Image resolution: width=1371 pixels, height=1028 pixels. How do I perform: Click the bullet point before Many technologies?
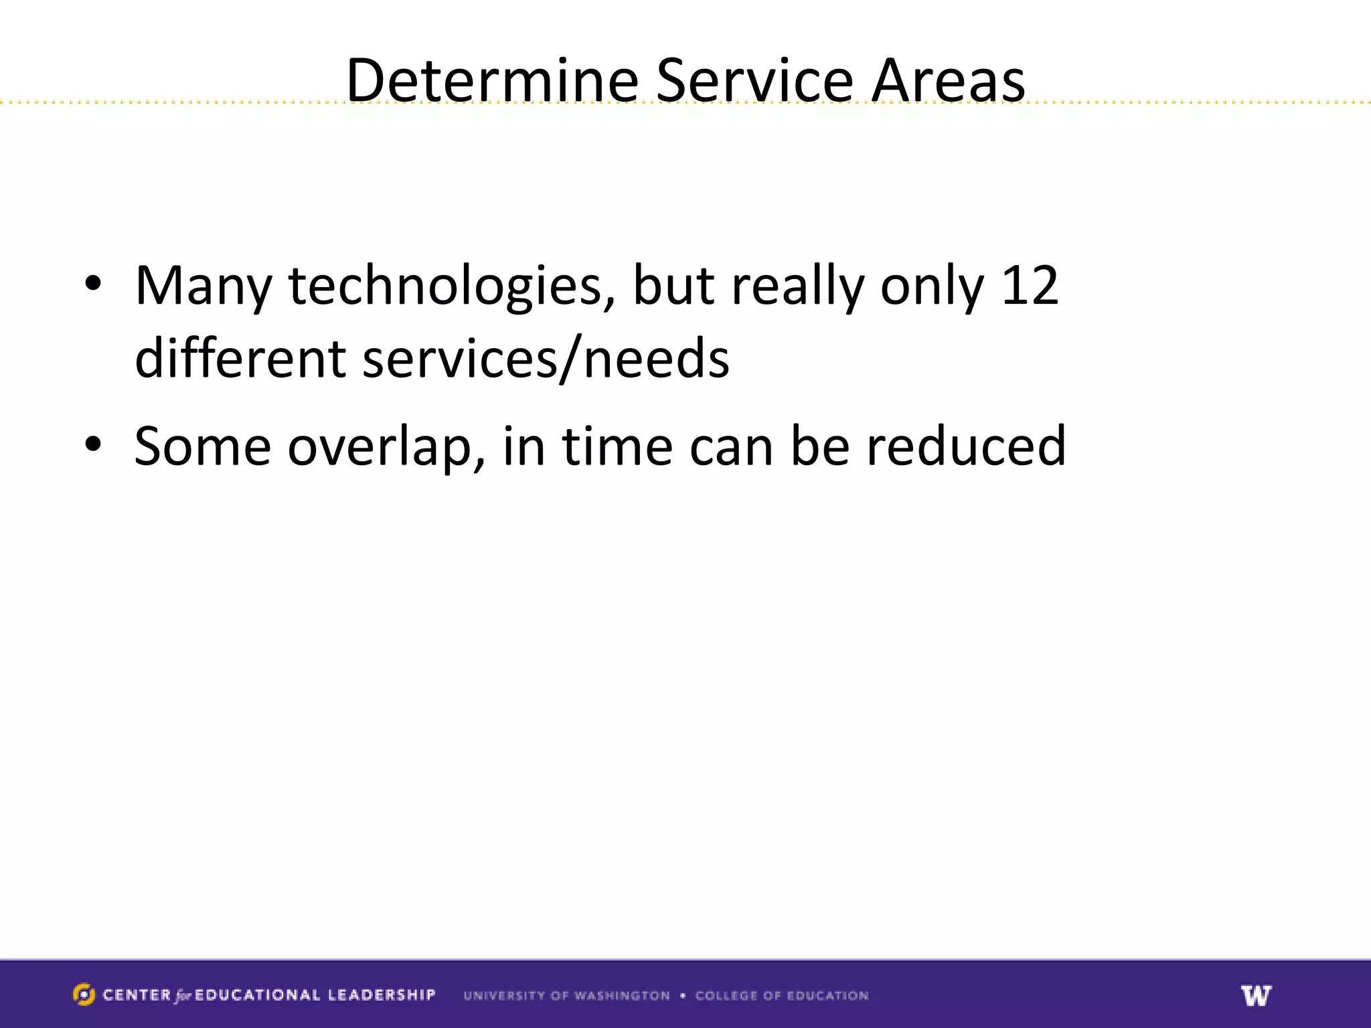[x=93, y=284]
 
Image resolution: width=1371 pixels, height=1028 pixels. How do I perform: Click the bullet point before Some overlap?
[x=93, y=444]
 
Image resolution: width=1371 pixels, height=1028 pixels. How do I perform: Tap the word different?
[x=240, y=358]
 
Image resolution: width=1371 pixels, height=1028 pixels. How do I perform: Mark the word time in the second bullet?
[x=617, y=446]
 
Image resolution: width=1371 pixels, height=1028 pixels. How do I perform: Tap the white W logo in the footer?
[x=1256, y=995]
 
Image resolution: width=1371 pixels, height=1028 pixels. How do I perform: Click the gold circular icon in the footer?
[x=84, y=995]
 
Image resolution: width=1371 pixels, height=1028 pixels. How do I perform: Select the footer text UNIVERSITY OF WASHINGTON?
[x=566, y=996]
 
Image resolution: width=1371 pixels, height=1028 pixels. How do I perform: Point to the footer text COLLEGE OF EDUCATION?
[x=781, y=996]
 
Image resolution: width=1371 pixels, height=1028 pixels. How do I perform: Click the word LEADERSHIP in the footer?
[x=382, y=995]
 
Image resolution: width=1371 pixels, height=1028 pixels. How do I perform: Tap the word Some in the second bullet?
[x=203, y=446]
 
